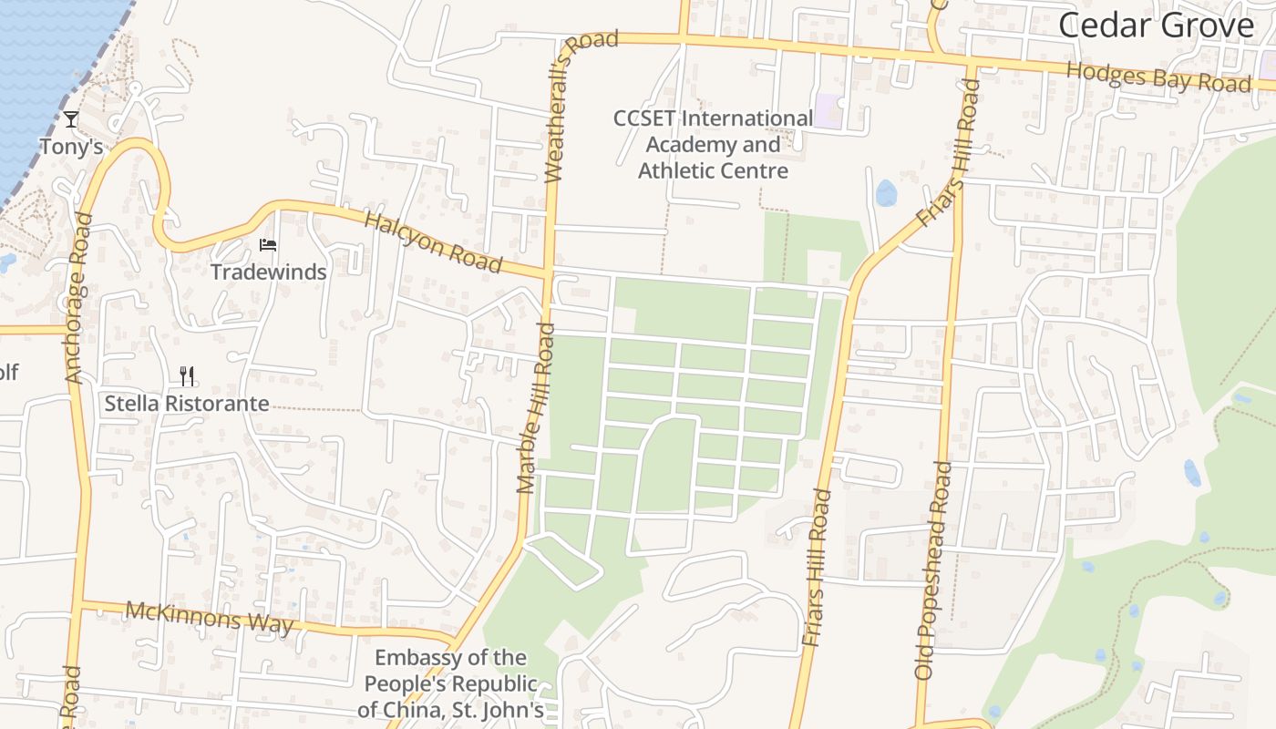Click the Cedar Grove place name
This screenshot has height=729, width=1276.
coord(1156,26)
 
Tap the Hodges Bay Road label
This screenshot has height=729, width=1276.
coord(1158,77)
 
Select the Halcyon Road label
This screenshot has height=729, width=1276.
coord(433,242)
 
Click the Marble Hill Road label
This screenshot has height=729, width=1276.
coord(535,407)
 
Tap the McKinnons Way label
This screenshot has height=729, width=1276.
coord(210,616)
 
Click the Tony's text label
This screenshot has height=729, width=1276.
coord(71,146)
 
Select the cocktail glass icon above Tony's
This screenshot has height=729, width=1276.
coord(71,119)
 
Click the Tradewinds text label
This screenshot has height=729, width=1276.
coord(268,272)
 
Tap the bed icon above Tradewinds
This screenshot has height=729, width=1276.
coord(268,244)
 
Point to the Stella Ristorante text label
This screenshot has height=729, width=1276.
coord(186,403)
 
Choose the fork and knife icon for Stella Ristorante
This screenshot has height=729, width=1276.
coord(187,375)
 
